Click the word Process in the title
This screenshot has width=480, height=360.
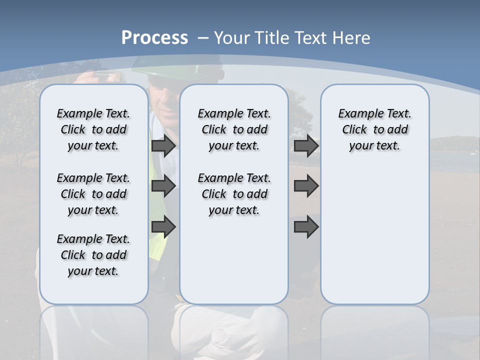154,37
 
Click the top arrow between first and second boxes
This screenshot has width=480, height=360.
163,145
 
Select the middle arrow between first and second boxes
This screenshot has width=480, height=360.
163,186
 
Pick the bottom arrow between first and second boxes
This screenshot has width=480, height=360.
163,227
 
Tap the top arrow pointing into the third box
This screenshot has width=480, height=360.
306,145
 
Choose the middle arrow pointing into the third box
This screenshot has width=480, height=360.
306,186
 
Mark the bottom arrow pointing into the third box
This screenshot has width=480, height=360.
306,227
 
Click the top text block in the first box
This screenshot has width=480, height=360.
93,129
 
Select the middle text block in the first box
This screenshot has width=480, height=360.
93,194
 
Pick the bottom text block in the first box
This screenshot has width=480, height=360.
93,255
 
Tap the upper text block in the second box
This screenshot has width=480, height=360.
234,129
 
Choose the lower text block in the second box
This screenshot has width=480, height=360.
234,194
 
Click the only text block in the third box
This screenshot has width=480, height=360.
374,129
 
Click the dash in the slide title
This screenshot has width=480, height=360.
203,38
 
